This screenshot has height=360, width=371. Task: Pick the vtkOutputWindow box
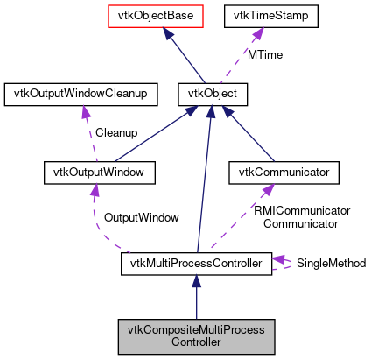click(99, 173)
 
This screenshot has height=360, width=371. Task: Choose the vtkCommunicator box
click(283, 173)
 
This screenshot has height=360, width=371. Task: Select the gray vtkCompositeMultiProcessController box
click(196, 335)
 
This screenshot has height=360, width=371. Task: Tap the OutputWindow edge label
click(141, 216)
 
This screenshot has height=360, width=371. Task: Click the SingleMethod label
click(331, 263)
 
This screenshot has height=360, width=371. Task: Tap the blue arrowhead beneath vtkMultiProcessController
click(197, 281)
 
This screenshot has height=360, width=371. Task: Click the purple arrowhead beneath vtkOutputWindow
click(94, 190)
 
